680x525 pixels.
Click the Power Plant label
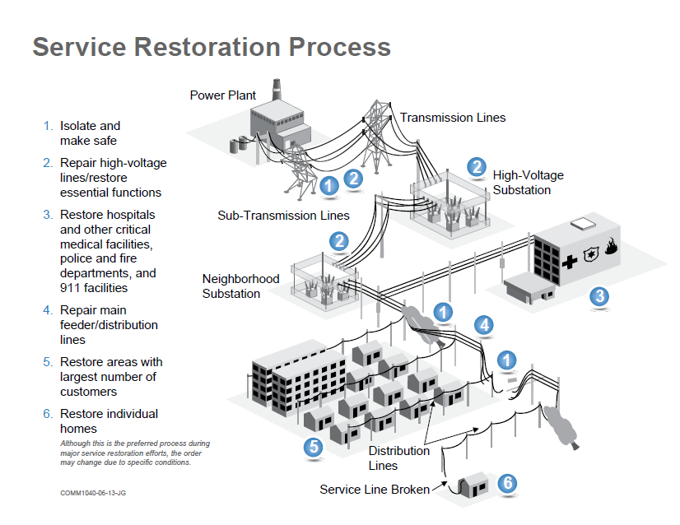(223, 95)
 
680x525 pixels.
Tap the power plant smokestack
(277, 90)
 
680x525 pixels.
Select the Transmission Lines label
(453, 118)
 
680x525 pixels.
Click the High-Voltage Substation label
(529, 183)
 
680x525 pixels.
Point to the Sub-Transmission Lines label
(283, 216)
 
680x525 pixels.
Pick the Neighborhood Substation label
(240, 286)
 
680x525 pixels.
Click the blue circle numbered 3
(600, 296)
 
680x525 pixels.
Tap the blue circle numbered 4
(484, 325)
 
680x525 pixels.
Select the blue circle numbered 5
(314, 447)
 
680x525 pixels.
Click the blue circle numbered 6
(507, 483)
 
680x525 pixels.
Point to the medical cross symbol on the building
(570, 262)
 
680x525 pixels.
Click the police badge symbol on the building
(590, 254)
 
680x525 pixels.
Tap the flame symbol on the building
(611, 246)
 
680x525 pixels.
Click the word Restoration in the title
(207, 47)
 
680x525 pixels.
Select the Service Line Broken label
(375, 490)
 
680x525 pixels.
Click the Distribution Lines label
(399, 458)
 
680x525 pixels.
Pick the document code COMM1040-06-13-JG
(93, 493)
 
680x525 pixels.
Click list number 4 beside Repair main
(48, 310)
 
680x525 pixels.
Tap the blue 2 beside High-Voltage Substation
(477, 167)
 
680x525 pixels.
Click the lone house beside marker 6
(473, 486)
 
